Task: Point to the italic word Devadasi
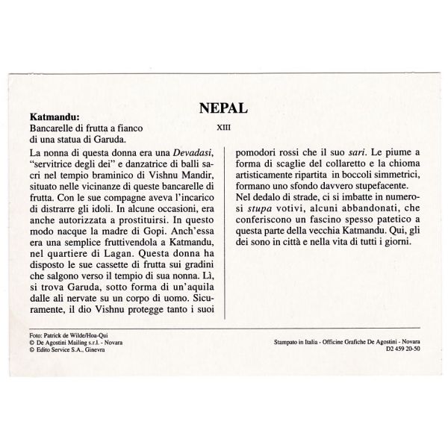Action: [194, 152]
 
